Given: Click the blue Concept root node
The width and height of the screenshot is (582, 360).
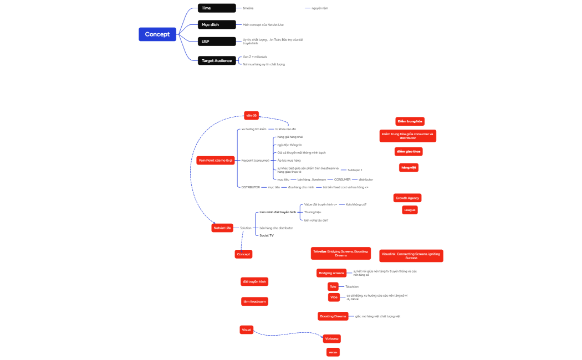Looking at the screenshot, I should point(157,34).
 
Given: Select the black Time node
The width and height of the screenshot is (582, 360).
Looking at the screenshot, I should point(218,8).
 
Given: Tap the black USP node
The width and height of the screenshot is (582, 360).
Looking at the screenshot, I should point(218,42).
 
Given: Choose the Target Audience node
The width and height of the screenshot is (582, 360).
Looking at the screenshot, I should point(218,60).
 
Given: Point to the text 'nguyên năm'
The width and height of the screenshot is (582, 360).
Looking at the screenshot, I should point(320,8).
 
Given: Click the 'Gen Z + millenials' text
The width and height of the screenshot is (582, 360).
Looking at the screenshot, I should point(255,56).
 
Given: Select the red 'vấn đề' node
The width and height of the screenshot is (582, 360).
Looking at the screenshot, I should point(252,115).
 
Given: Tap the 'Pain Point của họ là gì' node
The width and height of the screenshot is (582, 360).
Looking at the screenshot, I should point(216,160).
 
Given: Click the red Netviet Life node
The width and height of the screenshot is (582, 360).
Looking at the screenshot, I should point(222,228).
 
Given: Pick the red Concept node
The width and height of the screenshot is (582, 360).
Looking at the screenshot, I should point(243,254).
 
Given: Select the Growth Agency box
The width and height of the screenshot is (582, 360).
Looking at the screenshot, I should point(407,198).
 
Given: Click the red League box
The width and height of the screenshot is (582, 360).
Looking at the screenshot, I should point(410,210).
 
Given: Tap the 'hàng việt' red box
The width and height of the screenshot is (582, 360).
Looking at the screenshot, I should point(409,167).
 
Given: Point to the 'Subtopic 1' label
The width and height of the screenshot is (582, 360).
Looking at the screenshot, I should point(355,170).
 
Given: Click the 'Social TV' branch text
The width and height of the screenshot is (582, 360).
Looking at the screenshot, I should point(267,235).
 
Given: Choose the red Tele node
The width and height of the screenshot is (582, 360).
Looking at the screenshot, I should point(333,286).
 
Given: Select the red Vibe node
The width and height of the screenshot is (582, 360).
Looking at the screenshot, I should point(334,297).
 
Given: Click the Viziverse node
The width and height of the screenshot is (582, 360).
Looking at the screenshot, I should point(332,338).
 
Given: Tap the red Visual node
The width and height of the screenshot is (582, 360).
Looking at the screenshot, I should point(246,330).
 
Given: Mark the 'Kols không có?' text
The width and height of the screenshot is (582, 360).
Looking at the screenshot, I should point(356,204).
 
